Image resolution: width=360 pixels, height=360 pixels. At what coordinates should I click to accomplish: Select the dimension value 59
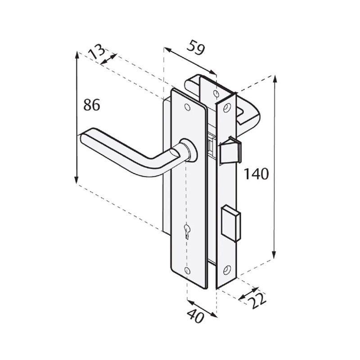click(196, 48)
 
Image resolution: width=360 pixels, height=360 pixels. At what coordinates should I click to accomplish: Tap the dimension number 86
click(92, 105)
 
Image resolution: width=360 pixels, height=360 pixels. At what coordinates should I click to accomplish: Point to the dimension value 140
click(256, 174)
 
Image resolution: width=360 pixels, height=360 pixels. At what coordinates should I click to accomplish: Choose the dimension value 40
click(197, 317)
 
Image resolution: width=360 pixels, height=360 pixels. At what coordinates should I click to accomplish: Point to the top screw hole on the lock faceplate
click(226, 107)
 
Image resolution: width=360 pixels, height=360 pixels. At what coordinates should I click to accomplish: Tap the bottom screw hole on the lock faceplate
click(226, 270)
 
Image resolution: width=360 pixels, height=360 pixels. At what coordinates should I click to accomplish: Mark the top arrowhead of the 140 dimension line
click(274, 77)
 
